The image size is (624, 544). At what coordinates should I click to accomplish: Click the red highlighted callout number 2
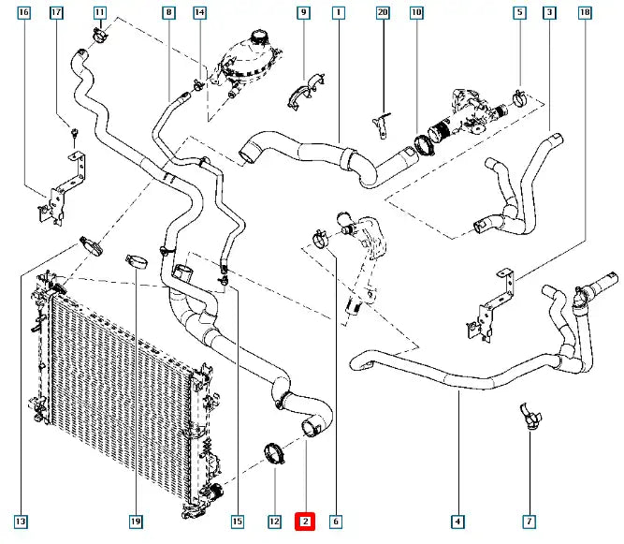[x=306, y=521]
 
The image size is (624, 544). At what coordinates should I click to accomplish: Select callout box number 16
[x=23, y=13]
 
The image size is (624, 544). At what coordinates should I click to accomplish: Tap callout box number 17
[x=56, y=13]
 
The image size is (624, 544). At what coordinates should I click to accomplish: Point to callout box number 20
[x=382, y=13]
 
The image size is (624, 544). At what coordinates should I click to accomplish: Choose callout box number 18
[x=585, y=13]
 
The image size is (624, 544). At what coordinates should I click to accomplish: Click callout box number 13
[x=20, y=521]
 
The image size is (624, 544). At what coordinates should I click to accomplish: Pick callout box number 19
[x=135, y=521]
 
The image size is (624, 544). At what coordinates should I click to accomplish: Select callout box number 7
[x=529, y=521]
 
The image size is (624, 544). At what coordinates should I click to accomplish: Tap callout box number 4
[x=457, y=521]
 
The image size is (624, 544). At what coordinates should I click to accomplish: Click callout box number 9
[x=303, y=13]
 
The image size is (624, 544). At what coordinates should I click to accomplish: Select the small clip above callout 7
[x=529, y=418]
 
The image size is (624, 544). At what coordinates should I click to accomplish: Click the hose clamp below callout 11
[x=100, y=37]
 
